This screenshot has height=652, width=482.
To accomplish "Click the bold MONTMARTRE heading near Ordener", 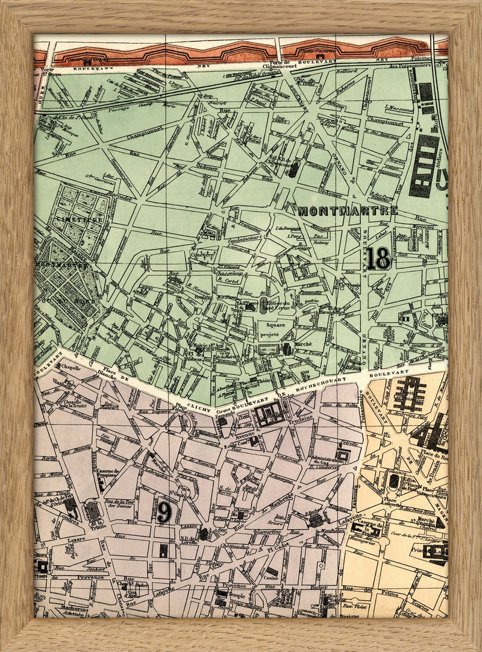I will (x=348, y=211).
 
